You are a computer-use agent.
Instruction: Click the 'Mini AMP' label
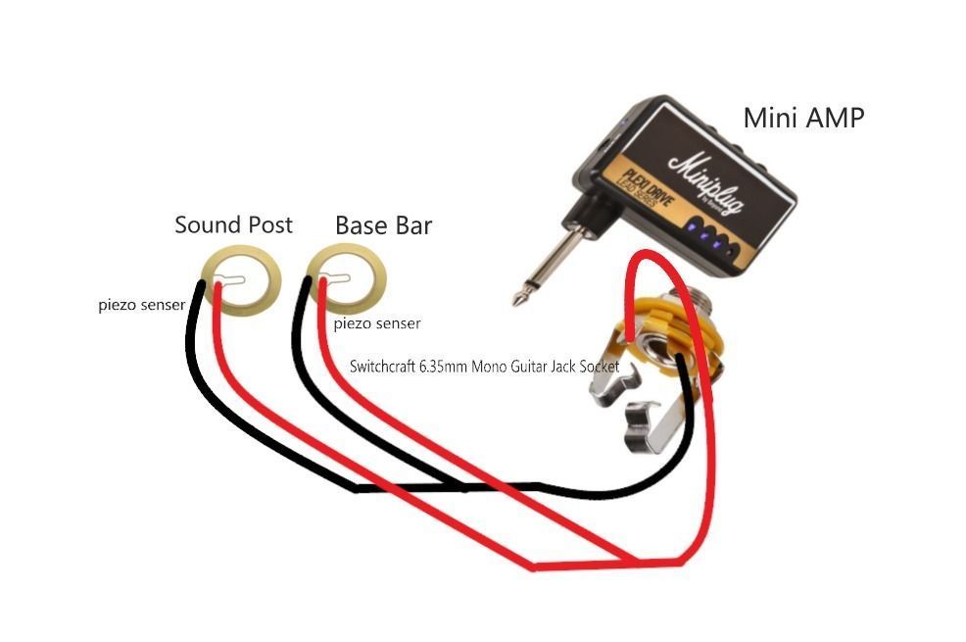click(803, 118)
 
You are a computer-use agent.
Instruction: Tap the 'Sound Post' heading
click(233, 224)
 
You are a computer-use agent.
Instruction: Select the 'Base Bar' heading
click(383, 225)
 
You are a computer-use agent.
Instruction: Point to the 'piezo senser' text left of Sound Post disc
click(142, 305)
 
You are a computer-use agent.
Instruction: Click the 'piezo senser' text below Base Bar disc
click(377, 323)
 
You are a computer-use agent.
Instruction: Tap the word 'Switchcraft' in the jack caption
click(382, 367)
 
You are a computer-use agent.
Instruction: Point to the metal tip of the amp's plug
click(518, 299)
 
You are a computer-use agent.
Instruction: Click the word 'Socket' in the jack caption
click(597, 367)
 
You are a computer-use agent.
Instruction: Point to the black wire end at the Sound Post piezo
click(200, 285)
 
